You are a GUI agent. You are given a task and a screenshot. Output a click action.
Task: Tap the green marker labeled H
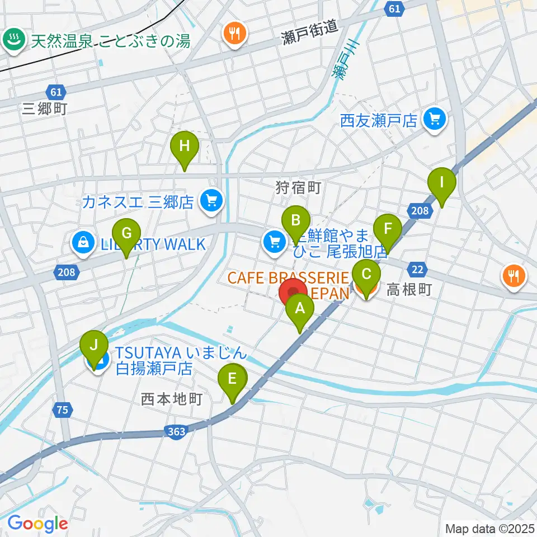pos(185,148)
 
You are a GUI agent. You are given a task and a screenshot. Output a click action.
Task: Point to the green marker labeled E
pos(234,380)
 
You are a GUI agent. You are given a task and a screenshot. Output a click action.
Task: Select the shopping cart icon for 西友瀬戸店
pos(435,119)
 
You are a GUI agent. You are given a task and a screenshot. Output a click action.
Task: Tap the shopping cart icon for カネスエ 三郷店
pos(211,200)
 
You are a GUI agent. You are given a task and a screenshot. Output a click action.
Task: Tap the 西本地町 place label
pos(167,399)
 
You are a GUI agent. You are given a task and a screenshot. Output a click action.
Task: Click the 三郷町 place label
pos(45,109)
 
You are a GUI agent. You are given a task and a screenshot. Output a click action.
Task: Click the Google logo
pos(37,524)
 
